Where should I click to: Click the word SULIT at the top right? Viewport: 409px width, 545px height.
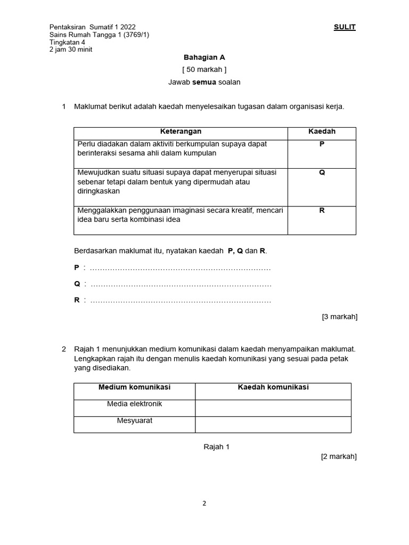pyautogui.click(x=345, y=27)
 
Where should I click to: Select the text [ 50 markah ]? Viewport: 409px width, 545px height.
pyautogui.click(x=204, y=70)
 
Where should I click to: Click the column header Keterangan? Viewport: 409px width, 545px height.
pyautogui.click(x=181, y=131)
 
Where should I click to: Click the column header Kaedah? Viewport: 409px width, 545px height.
pyautogui.click(x=322, y=131)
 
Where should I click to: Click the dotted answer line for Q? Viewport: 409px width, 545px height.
pyautogui.click(x=181, y=284)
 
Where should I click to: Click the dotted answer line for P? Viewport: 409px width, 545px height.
pyautogui.click(x=181, y=268)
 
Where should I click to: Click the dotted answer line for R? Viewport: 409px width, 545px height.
pyautogui.click(x=181, y=301)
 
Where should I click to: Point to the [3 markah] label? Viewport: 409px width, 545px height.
pyautogui.click(x=339, y=317)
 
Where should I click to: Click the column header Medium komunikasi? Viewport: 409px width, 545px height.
pyautogui.click(x=134, y=387)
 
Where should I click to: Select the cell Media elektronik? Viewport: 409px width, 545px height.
pyautogui.click(x=134, y=404)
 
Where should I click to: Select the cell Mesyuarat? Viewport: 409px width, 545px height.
pyautogui.click(x=134, y=420)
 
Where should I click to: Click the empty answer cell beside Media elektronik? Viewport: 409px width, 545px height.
pyautogui.click(x=273, y=408)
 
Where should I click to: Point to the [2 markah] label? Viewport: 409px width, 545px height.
pyautogui.click(x=339, y=456)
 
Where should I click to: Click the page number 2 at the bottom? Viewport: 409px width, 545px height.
pyautogui.click(x=204, y=503)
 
